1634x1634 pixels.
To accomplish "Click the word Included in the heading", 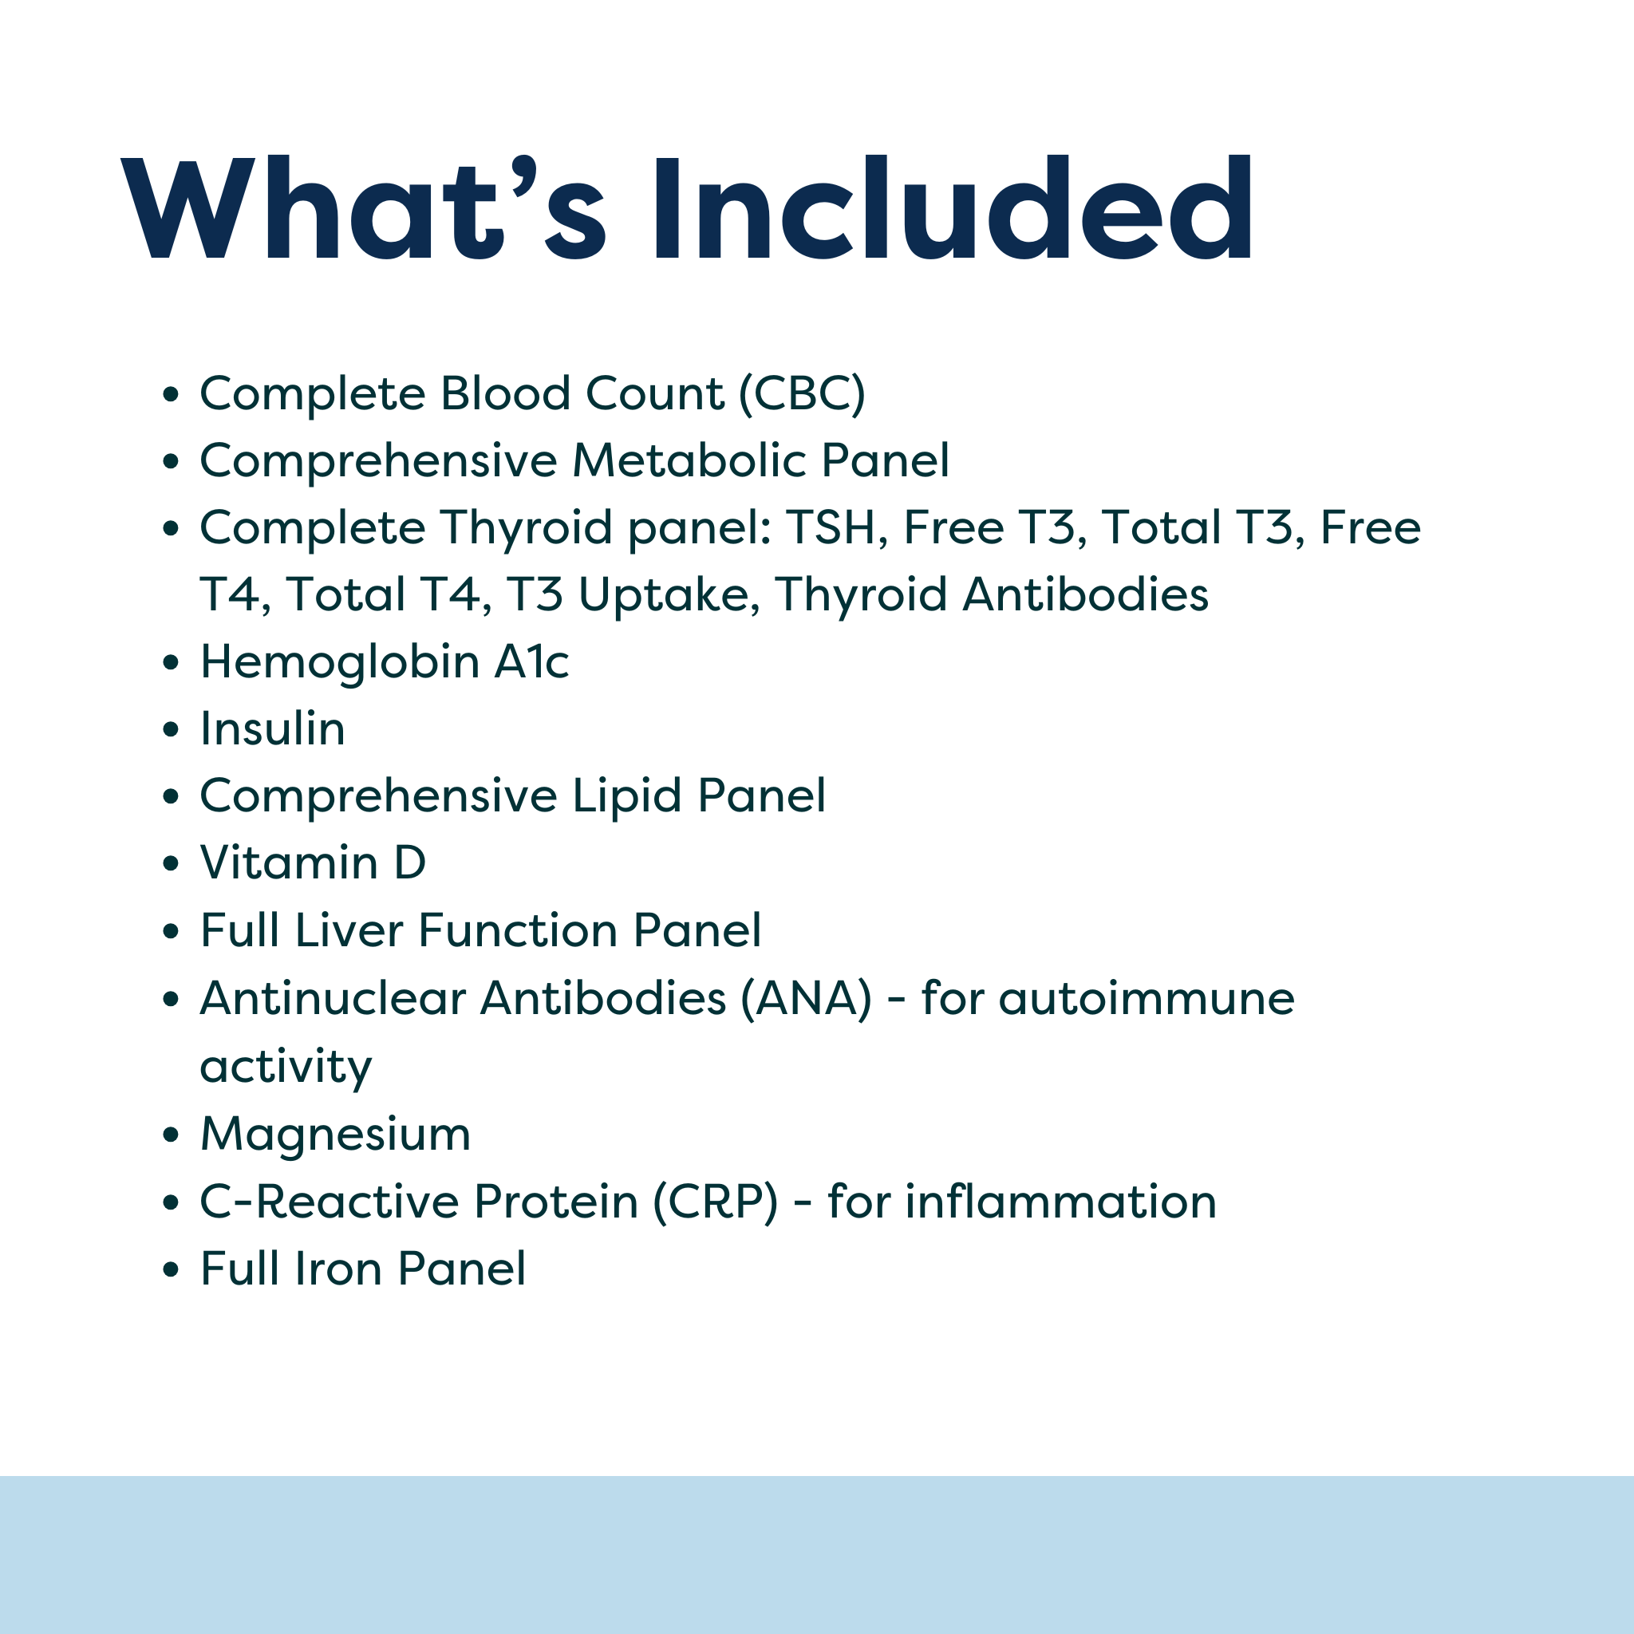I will [953, 208].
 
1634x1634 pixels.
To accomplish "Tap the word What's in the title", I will [364, 208].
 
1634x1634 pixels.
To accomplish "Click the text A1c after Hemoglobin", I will [531, 661].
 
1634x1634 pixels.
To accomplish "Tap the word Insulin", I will [272, 729].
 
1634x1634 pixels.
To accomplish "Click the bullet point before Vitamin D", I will [172, 863].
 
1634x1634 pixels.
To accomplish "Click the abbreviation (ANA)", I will [806, 998].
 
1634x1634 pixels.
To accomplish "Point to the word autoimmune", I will [1146, 998].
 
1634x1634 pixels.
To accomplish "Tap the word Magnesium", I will [335, 1135].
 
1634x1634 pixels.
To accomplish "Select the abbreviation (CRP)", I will [716, 1202].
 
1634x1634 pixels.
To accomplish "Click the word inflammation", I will [1060, 1202].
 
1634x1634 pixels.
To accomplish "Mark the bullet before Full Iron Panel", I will [172, 1269].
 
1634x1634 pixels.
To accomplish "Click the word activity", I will [286, 1068].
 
